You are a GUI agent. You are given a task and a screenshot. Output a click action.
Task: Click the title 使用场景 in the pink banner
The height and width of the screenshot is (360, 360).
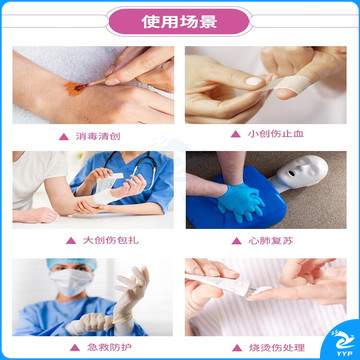[179, 22]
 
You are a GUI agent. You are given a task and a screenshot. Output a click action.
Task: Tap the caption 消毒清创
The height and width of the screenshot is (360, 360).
[98, 136]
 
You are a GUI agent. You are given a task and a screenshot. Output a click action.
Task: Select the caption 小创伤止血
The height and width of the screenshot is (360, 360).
[276, 134]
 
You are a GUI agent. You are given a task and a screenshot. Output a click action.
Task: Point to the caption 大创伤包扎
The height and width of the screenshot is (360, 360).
[111, 240]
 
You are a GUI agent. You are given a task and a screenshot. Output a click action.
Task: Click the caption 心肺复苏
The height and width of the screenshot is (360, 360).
[271, 241]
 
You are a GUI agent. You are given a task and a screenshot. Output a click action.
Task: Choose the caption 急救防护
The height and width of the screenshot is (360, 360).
[109, 347]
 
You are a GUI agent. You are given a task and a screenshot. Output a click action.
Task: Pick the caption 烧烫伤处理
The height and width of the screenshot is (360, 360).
[277, 348]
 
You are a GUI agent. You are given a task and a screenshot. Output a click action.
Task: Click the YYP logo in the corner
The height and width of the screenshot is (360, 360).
[342, 343]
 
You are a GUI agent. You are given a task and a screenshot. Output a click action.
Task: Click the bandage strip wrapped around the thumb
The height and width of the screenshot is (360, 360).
[293, 83]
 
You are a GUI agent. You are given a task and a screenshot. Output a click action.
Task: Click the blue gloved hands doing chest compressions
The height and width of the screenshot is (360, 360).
[240, 202]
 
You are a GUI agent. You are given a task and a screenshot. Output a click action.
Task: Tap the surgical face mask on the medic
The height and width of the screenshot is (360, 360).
[72, 282]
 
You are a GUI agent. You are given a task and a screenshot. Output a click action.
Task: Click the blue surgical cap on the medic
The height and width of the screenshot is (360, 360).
[72, 263]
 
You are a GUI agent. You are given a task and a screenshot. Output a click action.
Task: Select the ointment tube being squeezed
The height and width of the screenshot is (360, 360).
[220, 283]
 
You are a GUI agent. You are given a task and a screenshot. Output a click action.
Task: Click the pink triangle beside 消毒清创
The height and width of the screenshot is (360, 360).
[64, 136]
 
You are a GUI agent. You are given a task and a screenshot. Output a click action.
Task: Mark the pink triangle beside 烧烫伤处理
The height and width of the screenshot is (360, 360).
[237, 348]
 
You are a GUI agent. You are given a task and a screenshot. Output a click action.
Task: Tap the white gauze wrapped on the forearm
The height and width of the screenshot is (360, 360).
[105, 193]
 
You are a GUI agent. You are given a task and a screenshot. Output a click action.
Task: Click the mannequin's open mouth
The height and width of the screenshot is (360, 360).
[292, 173]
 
